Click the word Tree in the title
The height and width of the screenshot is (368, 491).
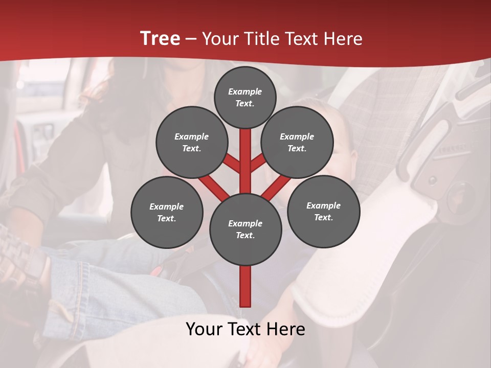pos(160,39)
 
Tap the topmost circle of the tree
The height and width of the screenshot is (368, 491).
pos(245,97)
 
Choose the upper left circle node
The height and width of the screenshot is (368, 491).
pos(191,142)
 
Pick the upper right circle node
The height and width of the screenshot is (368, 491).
pos(297,142)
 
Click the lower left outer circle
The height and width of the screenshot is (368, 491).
pos(167,212)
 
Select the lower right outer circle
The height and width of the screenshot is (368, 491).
pos(323,211)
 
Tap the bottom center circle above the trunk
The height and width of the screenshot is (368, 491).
pos(245,229)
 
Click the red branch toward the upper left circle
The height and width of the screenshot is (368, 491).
pos(232,164)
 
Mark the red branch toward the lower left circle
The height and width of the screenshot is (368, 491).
pos(212,187)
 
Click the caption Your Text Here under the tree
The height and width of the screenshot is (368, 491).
pos(245,329)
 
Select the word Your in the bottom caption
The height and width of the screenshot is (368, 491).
pos(205,329)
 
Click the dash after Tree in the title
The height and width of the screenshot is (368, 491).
pos(190,39)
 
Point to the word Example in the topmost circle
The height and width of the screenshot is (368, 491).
pos(245,91)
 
